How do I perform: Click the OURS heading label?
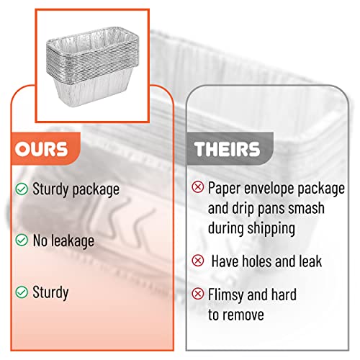41,149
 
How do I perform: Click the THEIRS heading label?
227,149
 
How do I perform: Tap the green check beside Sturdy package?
22,189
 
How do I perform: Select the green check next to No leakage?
22,240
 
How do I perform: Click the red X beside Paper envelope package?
198,186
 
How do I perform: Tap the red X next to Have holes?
198,261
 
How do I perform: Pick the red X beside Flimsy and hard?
198,294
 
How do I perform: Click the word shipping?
271,229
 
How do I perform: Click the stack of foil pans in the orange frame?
92,66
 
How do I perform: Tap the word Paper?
225,188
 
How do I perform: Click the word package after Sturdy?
96,190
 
